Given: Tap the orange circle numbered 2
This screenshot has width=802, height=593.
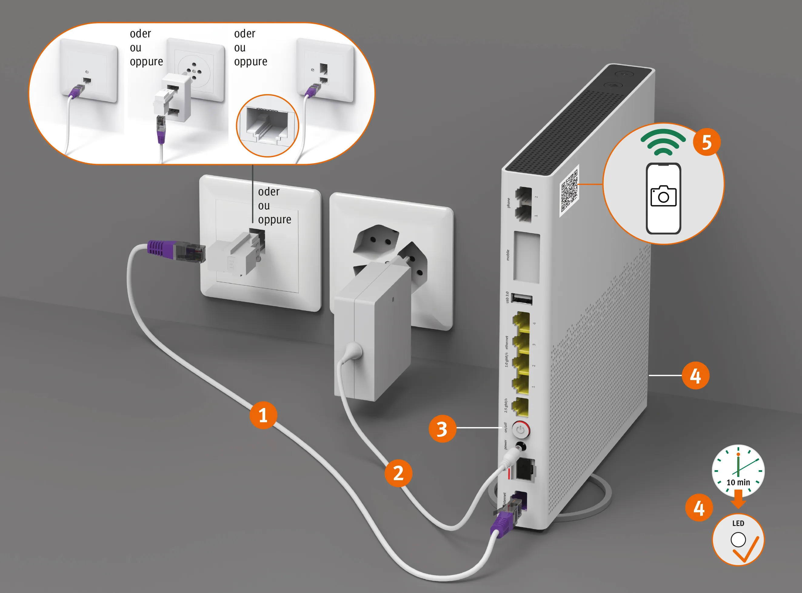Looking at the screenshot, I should (x=398, y=473).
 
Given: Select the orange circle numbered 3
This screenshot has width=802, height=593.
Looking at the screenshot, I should (x=442, y=429).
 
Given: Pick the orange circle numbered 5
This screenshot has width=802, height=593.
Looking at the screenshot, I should (x=706, y=142).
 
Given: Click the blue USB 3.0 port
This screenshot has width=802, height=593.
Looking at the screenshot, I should (x=522, y=299).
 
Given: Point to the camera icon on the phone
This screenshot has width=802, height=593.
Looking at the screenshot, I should (x=663, y=196).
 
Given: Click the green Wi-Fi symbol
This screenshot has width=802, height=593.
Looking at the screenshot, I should (x=663, y=142).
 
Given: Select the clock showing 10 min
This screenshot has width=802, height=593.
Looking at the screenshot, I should (x=738, y=470).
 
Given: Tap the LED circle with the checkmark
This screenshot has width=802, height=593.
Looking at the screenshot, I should (x=738, y=540).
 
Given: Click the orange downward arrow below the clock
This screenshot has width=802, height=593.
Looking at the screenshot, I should (x=738, y=499).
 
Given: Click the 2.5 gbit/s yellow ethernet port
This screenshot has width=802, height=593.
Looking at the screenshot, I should (x=520, y=407).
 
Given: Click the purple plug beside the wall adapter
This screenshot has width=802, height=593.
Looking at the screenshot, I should (x=162, y=248).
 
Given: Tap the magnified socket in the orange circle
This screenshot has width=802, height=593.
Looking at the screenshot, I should (x=268, y=126).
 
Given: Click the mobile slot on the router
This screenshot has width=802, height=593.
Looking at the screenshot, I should (x=526, y=257).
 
